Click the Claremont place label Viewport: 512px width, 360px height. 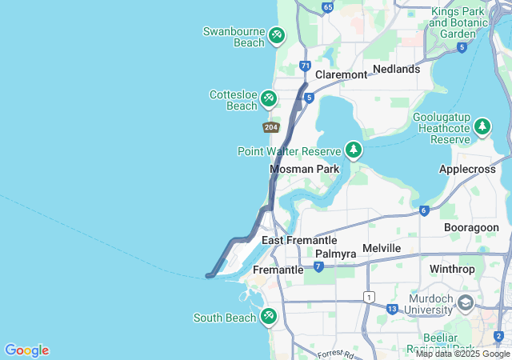[x=341, y=74]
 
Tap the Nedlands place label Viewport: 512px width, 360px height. [x=396, y=70]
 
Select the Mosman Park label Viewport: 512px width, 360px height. [x=305, y=170]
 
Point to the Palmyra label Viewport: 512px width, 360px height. [x=335, y=254]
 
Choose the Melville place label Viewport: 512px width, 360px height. [x=382, y=249]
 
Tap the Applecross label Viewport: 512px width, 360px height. [x=469, y=170]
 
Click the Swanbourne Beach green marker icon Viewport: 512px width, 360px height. [x=277, y=35]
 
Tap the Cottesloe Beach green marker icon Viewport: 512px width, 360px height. [x=269, y=98]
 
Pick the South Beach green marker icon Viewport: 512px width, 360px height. [x=269, y=317]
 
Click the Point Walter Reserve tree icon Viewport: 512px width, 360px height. [x=353, y=150]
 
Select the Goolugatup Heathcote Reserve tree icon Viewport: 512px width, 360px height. [x=482, y=126]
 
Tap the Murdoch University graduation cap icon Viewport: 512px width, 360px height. [x=466, y=303]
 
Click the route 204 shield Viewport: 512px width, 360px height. [x=270, y=127]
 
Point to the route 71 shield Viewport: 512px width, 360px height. [x=305, y=66]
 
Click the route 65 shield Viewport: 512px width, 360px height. [x=327, y=7]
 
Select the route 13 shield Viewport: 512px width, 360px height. [x=392, y=309]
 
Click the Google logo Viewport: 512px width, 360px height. [x=26, y=350]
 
